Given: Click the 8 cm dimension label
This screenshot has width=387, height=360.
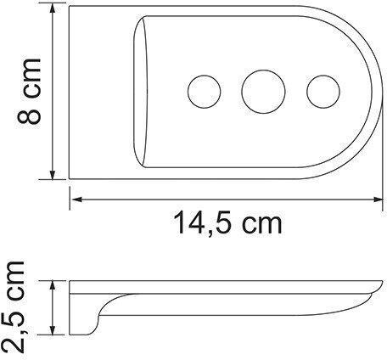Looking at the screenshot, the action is pyautogui.click(x=29, y=91).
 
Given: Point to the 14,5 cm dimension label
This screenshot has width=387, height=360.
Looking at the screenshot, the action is pyautogui.click(x=229, y=223).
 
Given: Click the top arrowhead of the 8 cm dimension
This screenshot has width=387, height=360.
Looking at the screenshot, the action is pyautogui.click(x=52, y=9).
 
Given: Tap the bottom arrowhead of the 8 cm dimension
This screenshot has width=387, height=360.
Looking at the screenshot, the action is pyautogui.click(x=52, y=175).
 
